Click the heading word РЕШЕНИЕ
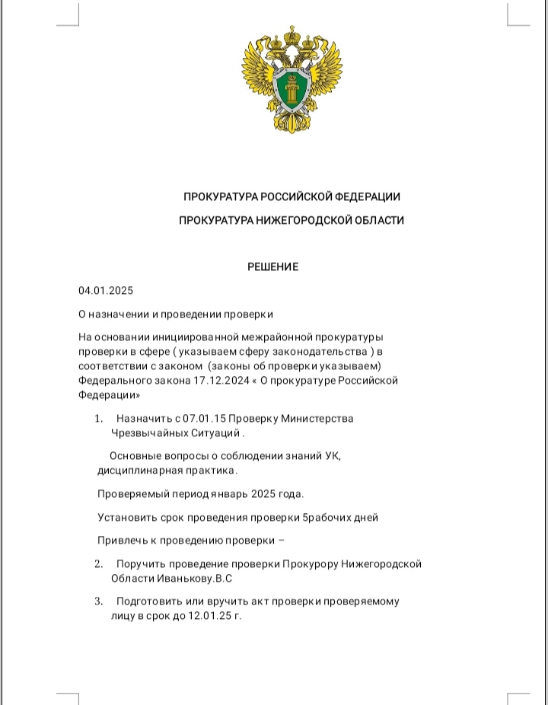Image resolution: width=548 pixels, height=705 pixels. pyautogui.click(x=273, y=267)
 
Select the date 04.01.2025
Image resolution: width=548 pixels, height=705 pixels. pyautogui.click(x=106, y=291)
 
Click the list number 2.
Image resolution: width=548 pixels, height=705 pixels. pyautogui.click(x=99, y=564)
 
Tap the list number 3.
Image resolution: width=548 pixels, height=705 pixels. pyautogui.click(x=99, y=601)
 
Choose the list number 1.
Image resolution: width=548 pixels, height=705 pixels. pyautogui.click(x=99, y=419)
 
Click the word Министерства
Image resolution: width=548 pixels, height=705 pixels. pyautogui.click(x=317, y=419)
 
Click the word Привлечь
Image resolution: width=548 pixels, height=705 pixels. pyautogui.click(x=121, y=541)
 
